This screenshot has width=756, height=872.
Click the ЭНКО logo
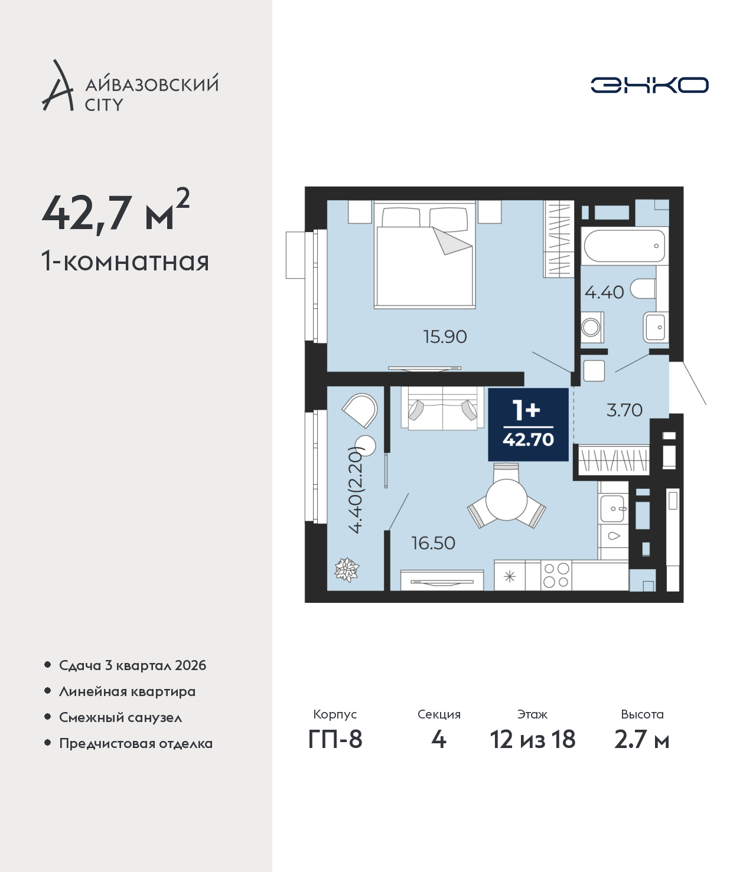[x=649, y=85]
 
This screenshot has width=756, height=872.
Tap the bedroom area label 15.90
[x=445, y=337]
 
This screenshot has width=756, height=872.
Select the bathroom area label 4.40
[x=604, y=292]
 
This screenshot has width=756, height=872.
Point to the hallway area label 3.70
[x=624, y=410]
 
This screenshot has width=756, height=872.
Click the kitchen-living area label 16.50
[x=434, y=543]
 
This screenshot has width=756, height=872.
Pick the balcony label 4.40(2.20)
[x=356, y=491]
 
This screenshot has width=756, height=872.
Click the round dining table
[x=507, y=499]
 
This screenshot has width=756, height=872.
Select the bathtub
[x=624, y=246]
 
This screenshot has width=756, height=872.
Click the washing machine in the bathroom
[x=592, y=327]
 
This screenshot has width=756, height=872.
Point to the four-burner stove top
[x=556, y=576]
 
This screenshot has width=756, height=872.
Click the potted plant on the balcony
[x=347, y=570]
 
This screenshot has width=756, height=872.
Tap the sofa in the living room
[x=442, y=409]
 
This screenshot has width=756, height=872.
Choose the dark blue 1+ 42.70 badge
[x=528, y=424]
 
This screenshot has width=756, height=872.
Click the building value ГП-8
[x=335, y=739]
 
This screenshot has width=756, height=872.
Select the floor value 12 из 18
[x=533, y=739]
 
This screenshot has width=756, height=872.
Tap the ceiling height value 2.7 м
[x=641, y=739]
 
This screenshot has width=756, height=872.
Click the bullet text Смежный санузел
[x=120, y=717]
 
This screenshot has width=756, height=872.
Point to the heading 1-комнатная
[x=125, y=262]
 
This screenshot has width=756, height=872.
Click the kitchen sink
[x=613, y=509]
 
